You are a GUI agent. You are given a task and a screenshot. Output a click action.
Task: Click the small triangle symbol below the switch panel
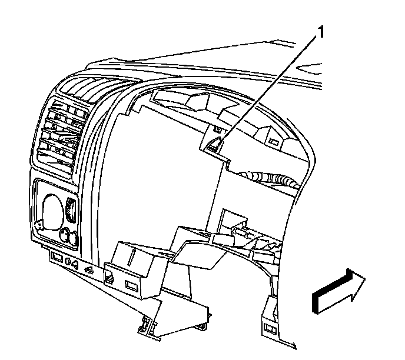click(x=88, y=269)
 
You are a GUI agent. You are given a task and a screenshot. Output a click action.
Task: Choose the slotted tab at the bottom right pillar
click(x=271, y=327)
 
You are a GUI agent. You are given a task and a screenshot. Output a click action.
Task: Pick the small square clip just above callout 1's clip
click(x=218, y=128)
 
